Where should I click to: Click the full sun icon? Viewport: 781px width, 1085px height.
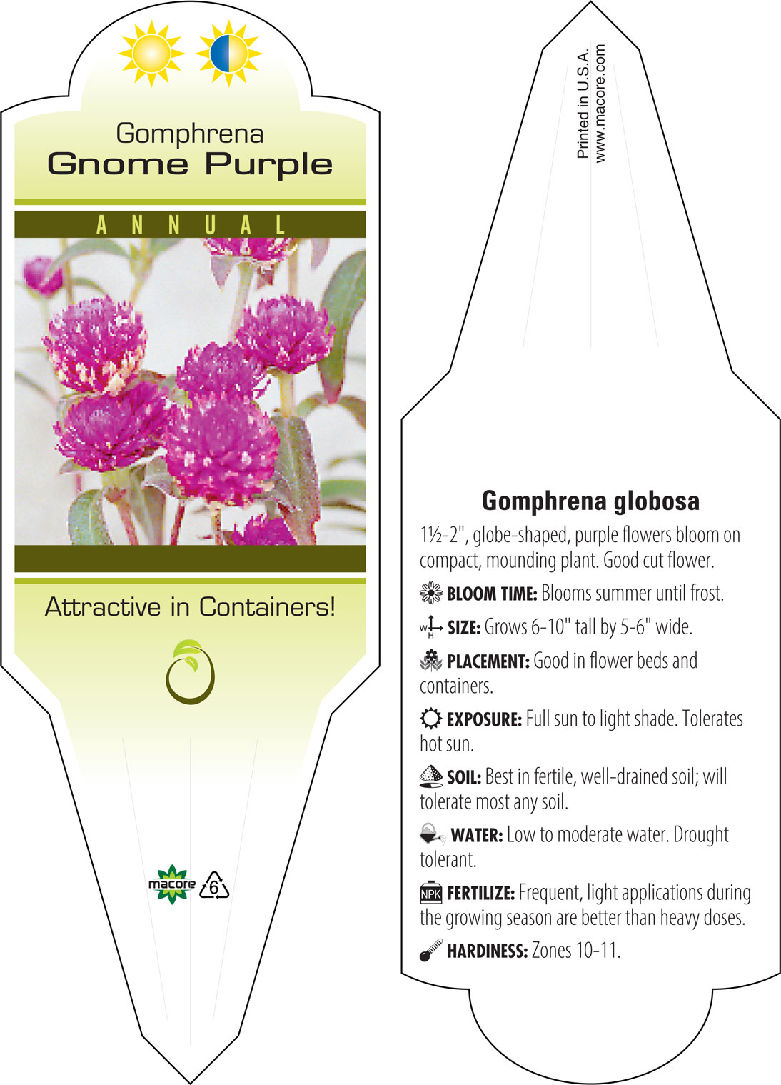[151, 54]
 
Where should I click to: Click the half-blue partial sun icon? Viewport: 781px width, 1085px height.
[229, 54]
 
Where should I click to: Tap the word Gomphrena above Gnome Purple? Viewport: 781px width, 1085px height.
[190, 134]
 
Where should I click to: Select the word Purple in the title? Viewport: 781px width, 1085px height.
[269, 165]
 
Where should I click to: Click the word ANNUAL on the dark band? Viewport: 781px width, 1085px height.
[191, 225]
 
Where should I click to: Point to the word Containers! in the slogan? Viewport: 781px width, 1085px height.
[267, 606]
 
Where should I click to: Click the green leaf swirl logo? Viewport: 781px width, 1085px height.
[190, 671]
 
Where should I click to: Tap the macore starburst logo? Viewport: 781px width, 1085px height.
[171, 884]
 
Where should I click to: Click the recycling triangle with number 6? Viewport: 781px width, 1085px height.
[213, 886]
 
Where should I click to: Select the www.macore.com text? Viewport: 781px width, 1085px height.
[600, 103]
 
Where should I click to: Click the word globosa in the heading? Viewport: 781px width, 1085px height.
[657, 501]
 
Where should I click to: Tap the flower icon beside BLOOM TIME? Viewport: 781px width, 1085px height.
[431, 593]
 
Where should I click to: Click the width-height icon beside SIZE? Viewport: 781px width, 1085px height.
[431, 628]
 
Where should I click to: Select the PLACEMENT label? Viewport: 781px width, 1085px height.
[488, 661]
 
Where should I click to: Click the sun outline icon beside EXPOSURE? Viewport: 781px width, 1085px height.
[431, 719]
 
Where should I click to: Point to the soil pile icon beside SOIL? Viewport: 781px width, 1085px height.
[431, 776]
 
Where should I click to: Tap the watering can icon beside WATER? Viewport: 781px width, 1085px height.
[433, 834]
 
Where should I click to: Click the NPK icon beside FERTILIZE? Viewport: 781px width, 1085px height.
[431, 892]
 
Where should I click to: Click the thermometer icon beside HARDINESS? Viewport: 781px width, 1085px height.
[431, 950]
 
